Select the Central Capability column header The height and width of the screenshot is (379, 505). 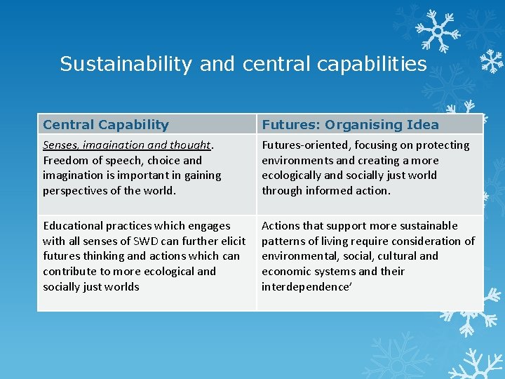(x=106, y=125)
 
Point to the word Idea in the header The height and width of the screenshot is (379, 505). (x=423, y=125)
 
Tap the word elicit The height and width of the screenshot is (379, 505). (x=232, y=241)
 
